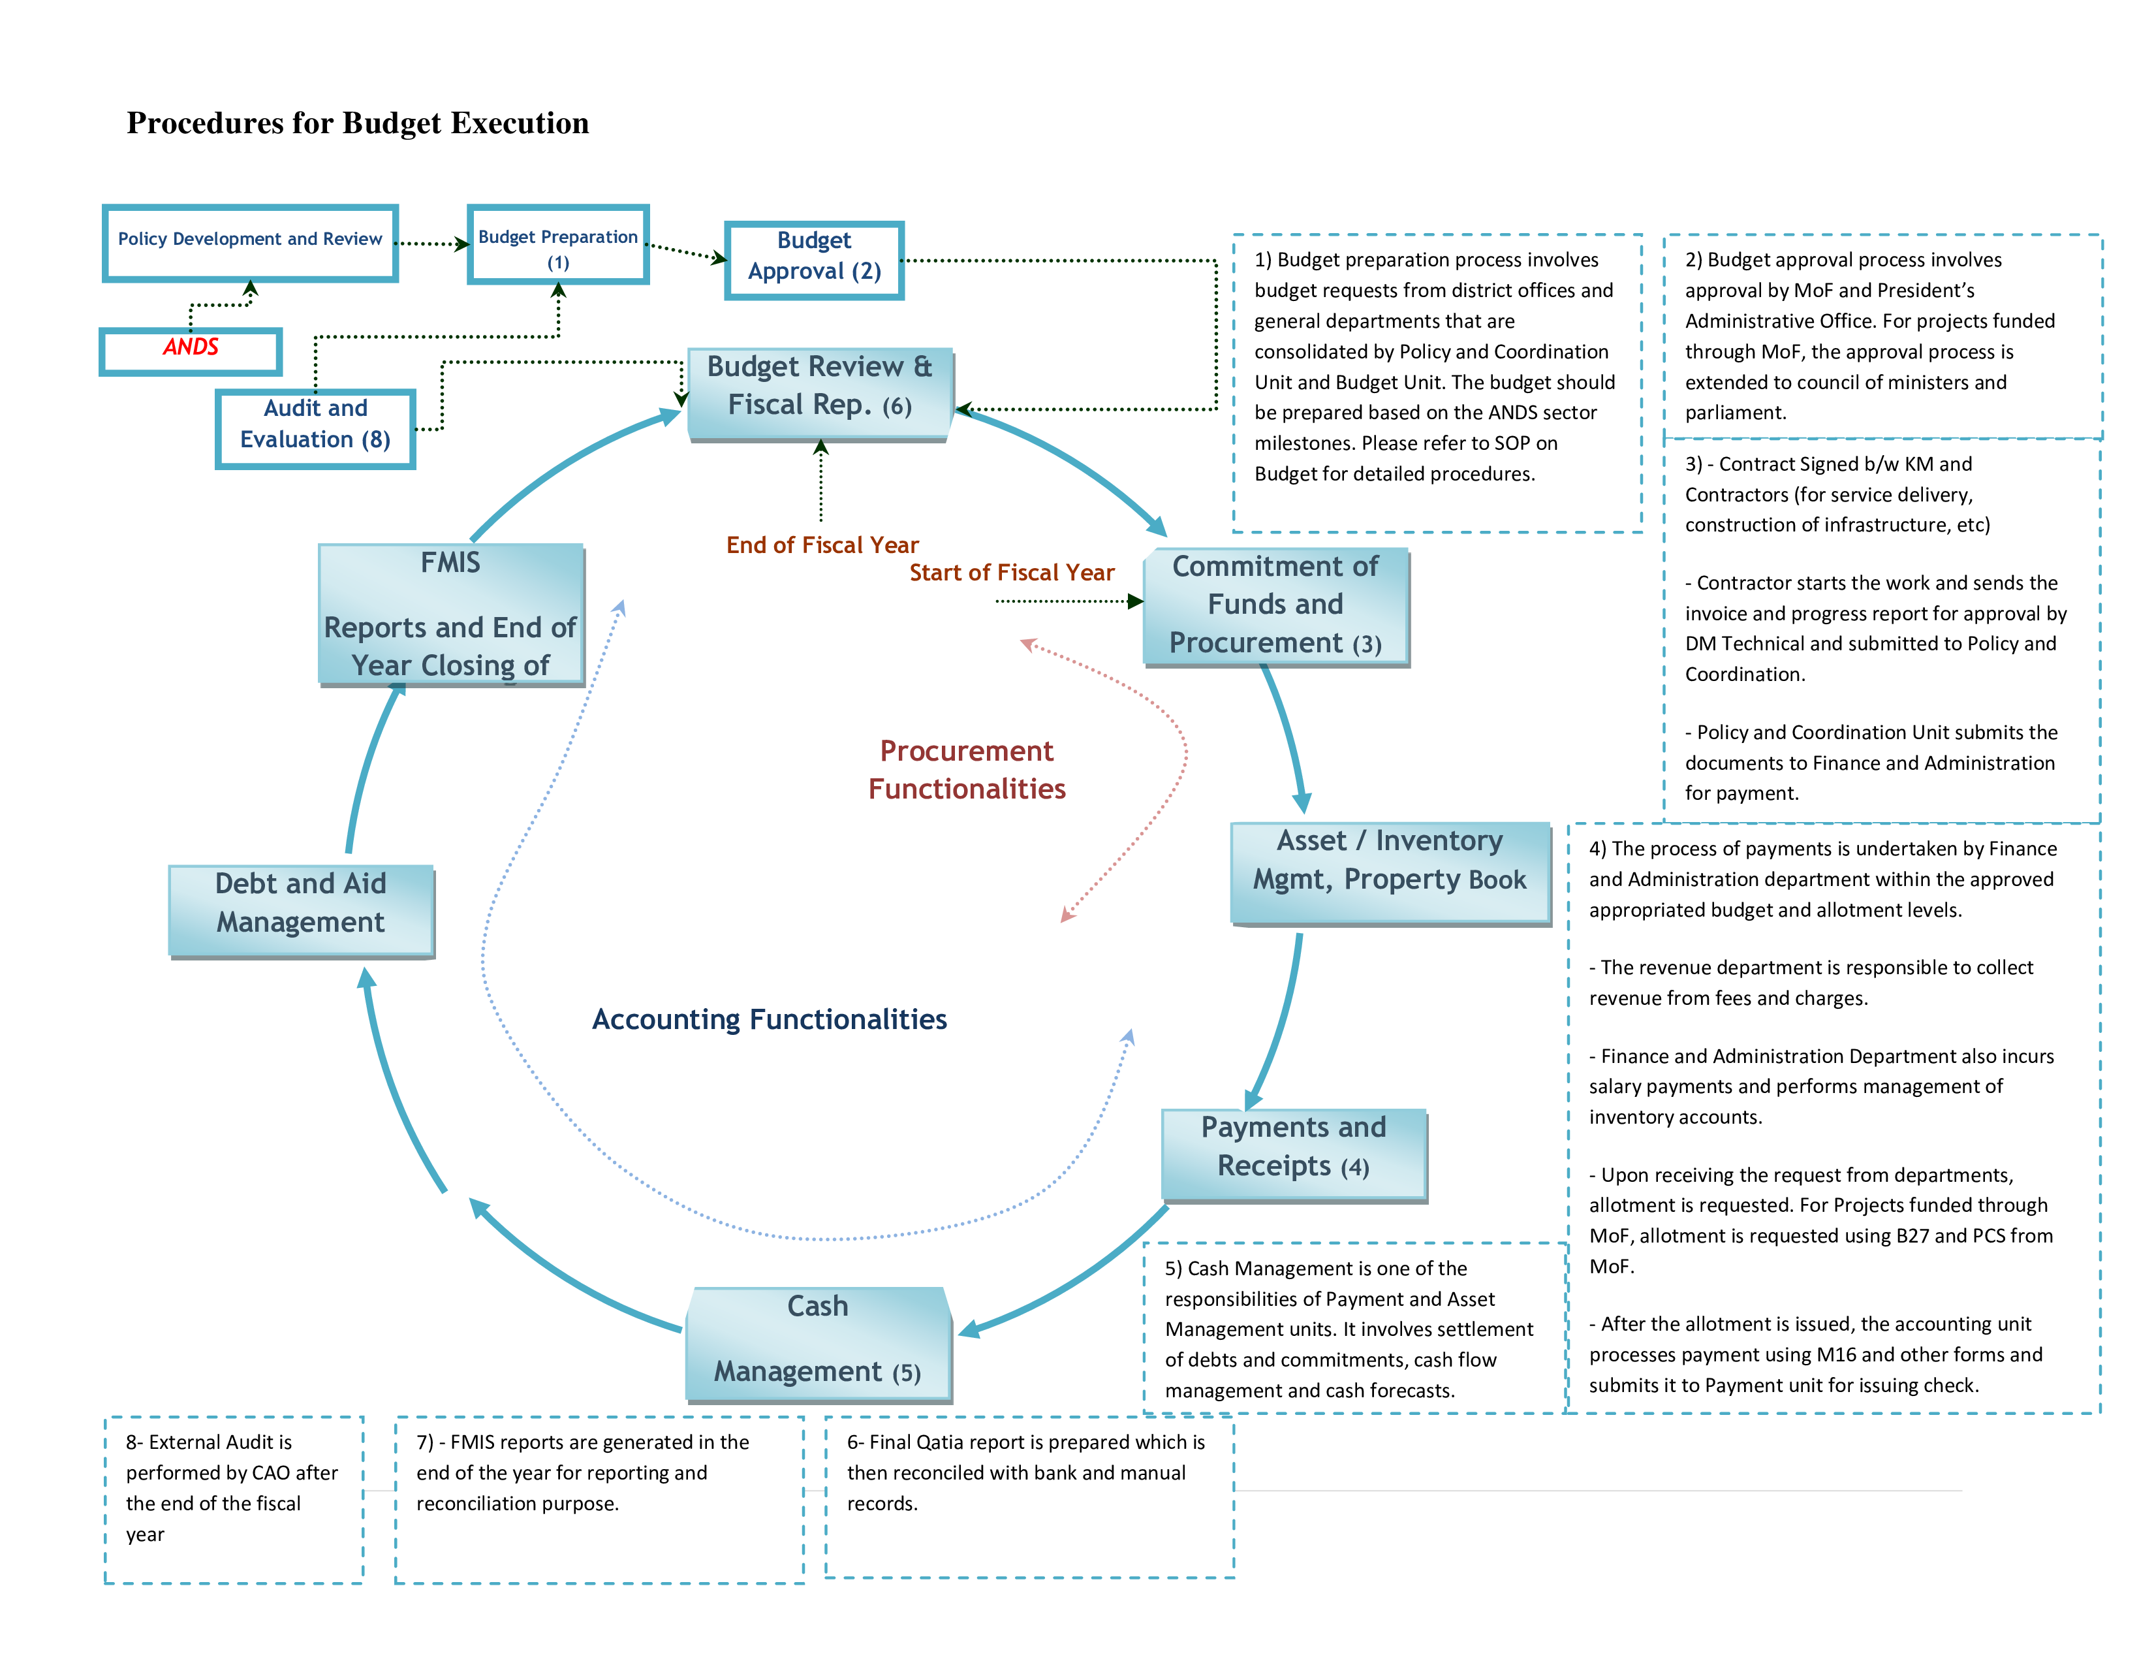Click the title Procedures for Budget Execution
click(x=357, y=123)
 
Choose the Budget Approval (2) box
click(x=814, y=257)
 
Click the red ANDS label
click(x=191, y=348)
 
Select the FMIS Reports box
click(x=451, y=614)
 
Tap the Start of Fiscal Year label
click(x=1011, y=573)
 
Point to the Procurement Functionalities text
click(x=967, y=770)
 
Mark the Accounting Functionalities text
click(x=770, y=1020)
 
